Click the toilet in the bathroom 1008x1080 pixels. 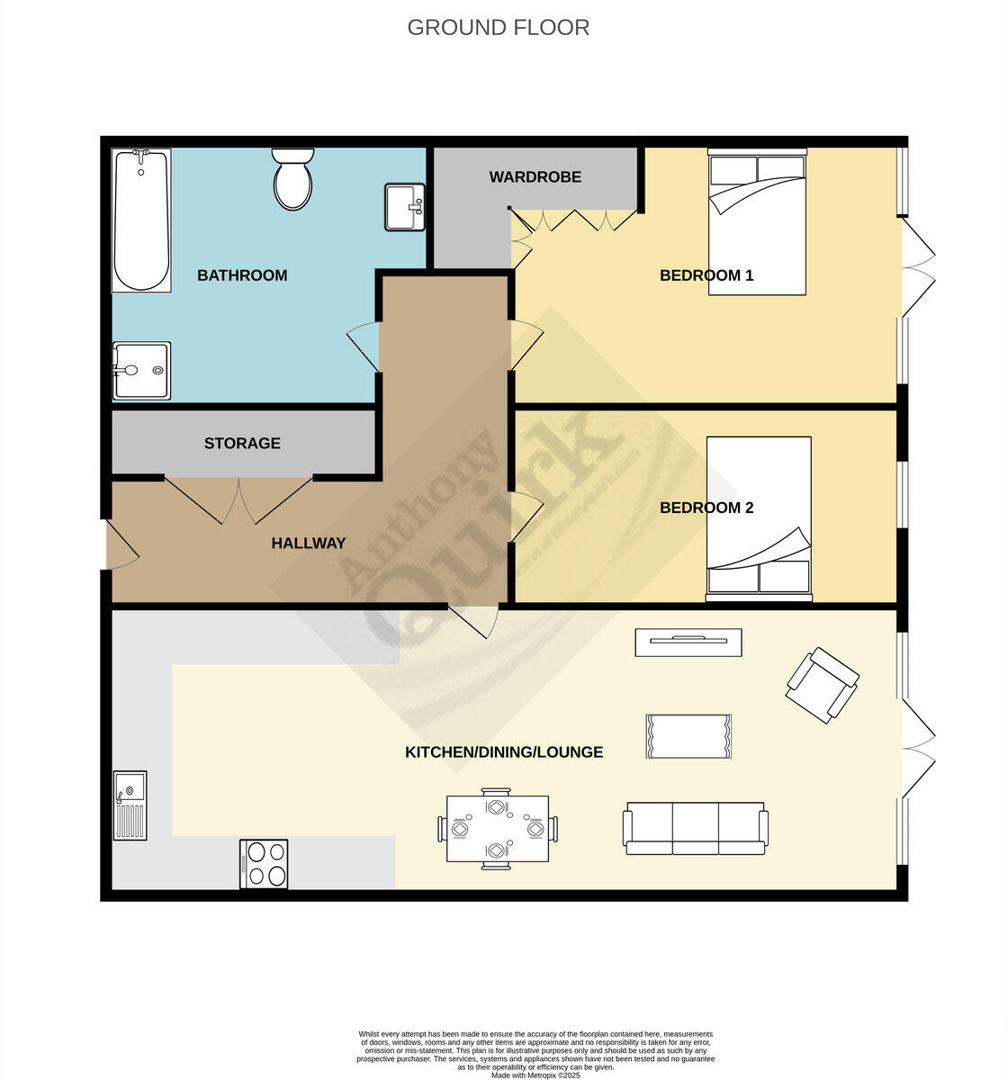[x=292, y=179]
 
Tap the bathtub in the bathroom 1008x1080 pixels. [x=140, y=221]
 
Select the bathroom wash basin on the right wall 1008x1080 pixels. [x=404, y=207]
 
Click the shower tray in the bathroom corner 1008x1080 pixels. [x=141, y=370]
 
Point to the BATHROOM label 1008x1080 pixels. [x=242, y=275]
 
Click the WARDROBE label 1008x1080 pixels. [x=535, y=177]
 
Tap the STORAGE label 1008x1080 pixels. [x=242, y=443]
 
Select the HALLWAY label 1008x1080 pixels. [x=309, y=543]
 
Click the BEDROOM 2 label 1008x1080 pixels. [x=706, y=508]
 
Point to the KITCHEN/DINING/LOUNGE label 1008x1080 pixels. [x=504, y=752]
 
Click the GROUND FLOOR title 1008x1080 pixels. [x=498, y=28]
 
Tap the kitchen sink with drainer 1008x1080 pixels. [x=130, y=805]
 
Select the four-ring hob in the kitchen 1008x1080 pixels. [x=264, y=864]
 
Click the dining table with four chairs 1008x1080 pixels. [x=497, y=829]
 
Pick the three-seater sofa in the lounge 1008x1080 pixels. [x=695, y=828]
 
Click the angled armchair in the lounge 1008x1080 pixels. [x=822, y=685]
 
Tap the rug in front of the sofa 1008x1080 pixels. [x=688, y=736]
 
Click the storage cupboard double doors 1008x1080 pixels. [x=238, y=499]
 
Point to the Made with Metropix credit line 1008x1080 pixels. [x=535, y=1075]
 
